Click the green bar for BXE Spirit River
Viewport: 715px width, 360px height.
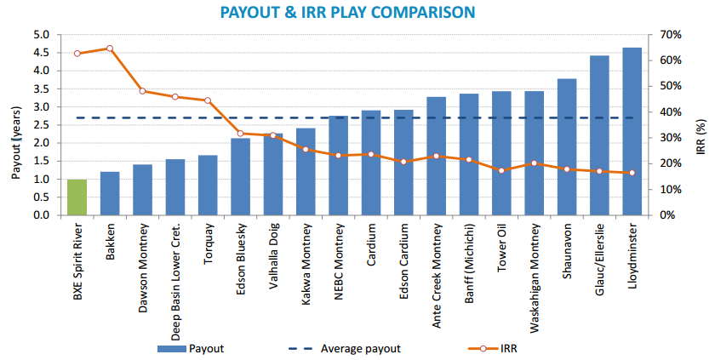coord(77,197)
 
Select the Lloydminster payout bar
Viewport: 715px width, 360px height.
coord(632,132)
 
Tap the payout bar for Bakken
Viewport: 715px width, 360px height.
coord(110,194)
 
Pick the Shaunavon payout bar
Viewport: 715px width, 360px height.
coord(567,147)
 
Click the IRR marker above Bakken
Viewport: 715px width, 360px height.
coord(110,49)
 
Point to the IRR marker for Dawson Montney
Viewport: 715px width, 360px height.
coord(142,91)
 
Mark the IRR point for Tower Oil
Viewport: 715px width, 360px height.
coord(501,170)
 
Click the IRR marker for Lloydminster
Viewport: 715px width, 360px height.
coord(632,173)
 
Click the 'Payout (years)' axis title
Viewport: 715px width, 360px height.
coord(15,126)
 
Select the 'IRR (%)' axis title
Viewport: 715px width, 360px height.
coord(701,126)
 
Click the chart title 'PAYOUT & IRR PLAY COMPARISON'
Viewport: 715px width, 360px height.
coord(358,12)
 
